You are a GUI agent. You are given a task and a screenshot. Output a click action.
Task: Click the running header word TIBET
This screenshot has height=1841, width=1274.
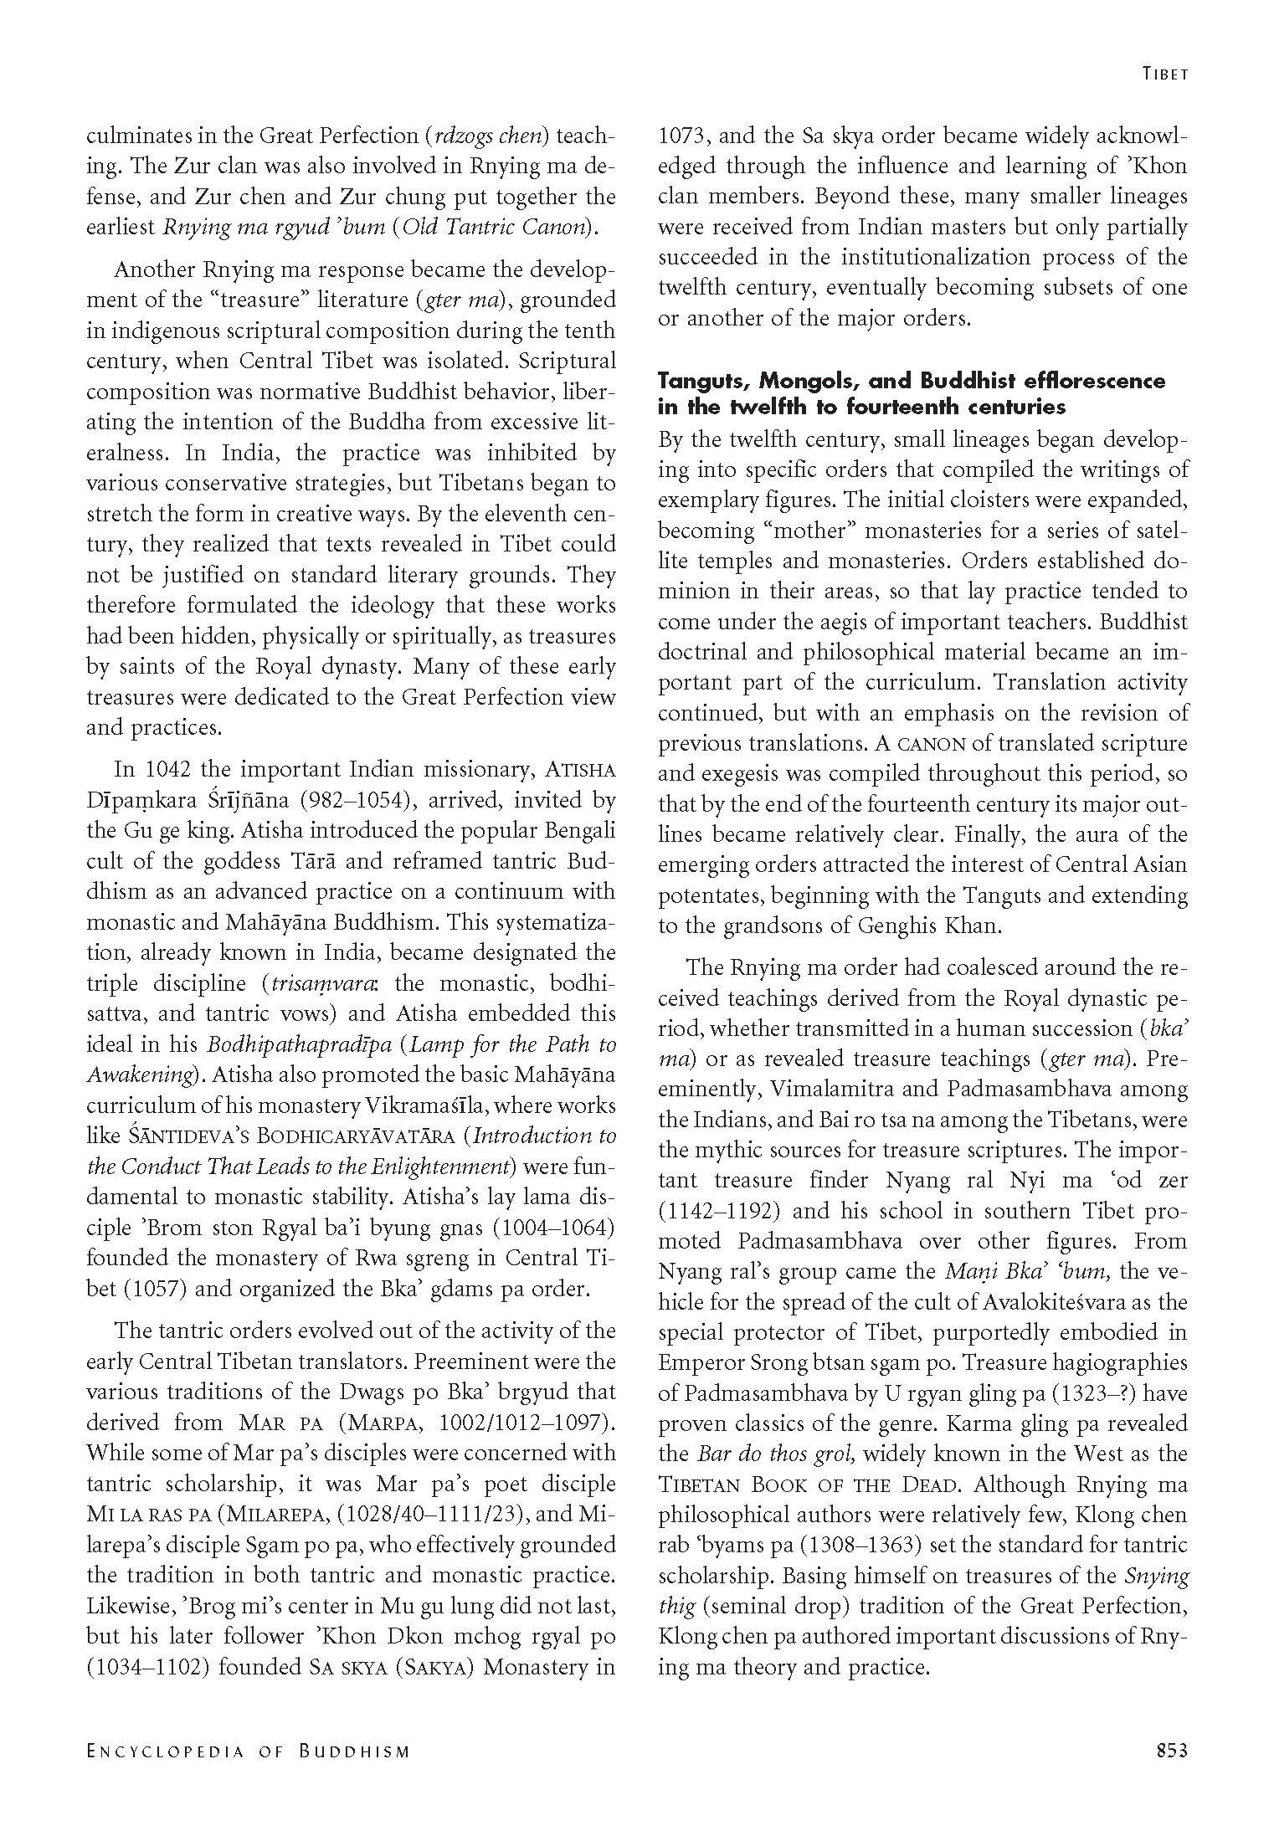click(x=1165, y=74)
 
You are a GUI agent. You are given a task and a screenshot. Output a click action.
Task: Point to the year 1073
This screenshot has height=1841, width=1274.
click(x=684, y=136)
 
